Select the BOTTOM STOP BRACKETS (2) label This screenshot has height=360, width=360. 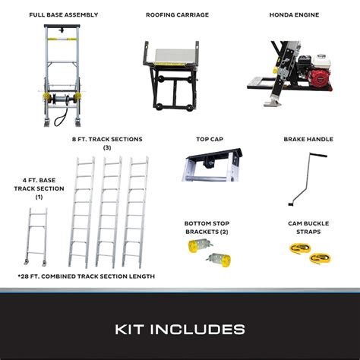[204, 227]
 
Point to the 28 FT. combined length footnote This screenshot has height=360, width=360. [86, 276]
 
